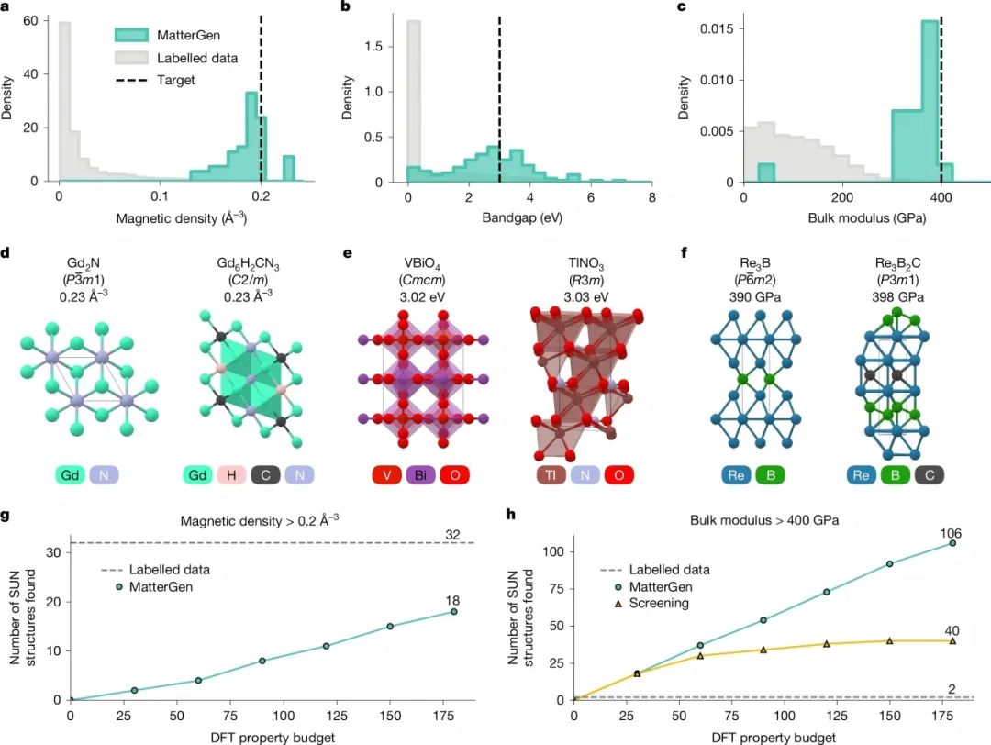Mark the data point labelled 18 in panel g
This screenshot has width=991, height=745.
coord(453,612)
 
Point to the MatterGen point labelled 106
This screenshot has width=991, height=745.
coord(952,543)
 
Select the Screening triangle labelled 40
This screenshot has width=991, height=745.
coord(952,640)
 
